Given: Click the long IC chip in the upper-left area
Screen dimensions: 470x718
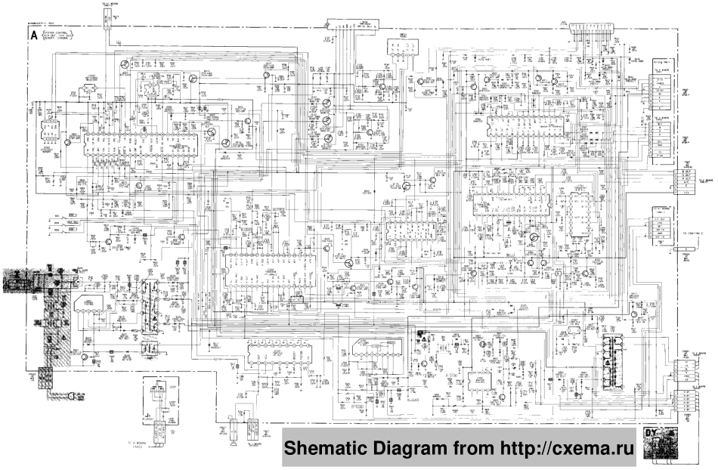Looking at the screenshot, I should pyautogui.click(x=144, y=139).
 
